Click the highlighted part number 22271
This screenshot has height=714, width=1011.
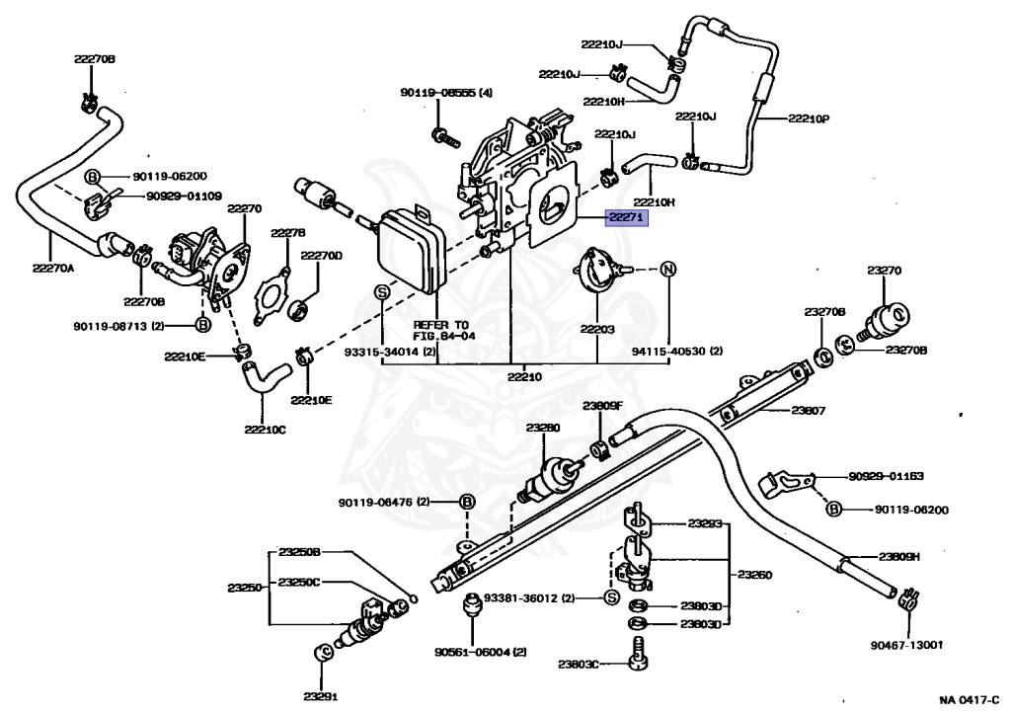coord(626,218)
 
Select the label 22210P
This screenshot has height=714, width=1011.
coord(809,119)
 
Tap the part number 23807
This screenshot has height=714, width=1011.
coord(809,410)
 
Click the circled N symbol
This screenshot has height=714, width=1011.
coord(668,269)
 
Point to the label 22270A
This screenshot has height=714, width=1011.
coord(53,268)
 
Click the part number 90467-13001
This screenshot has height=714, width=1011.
coord(906,644)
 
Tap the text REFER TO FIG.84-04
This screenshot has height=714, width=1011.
coord(441,330)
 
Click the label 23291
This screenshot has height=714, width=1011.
coord(321,696)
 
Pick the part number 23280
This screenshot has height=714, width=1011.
coord(543,427)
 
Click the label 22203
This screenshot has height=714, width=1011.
coord(597,329)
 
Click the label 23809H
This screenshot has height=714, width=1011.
coord(898,557)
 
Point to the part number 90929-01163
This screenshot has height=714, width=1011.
coord(886,476)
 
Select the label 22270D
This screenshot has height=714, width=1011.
coord(322,256)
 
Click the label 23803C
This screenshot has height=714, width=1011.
coord(579,663)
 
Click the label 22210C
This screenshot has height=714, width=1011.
coord(265,429)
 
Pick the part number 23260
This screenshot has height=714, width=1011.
coord(754,574)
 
